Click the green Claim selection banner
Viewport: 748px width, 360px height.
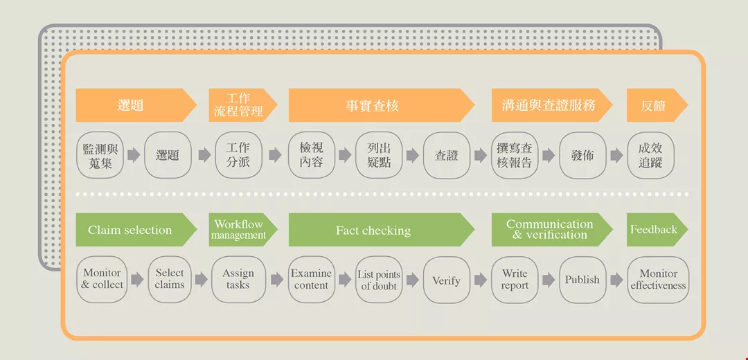(132, 230)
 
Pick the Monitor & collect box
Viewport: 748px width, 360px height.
(102, 280)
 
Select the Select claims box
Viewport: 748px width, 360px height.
(170, 280)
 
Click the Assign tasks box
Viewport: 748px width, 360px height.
(238, 280)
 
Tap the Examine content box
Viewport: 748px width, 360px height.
(311, 280)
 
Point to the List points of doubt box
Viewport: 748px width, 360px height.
(379, 280)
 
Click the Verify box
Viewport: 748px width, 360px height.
(446, 280)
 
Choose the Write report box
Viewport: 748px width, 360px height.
(515, 280)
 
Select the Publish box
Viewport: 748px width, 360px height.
(582, 280)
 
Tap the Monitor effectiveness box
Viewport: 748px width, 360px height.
(658, 280)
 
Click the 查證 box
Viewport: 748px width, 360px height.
(446, 155)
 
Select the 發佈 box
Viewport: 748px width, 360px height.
(582, 155)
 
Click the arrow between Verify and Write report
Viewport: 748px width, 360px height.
(481, 280)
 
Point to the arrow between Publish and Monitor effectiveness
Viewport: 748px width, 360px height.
(616, 280)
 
